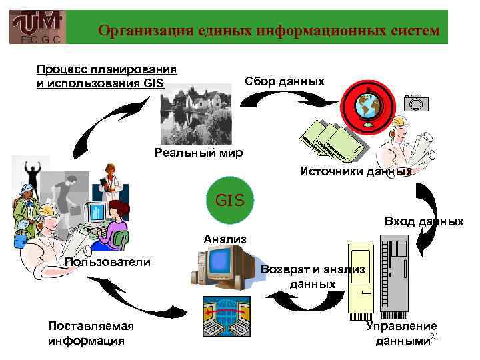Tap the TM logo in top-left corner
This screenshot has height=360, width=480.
coord(38,27)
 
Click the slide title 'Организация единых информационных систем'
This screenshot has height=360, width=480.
coord(269,31)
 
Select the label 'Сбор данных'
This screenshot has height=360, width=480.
coord(285,81)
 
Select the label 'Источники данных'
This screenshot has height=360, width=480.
coord(356,171)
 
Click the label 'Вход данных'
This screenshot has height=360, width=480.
coord(424,221)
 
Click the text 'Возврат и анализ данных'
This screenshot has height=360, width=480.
coord(313,277)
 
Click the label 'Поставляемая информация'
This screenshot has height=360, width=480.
coord(91,333)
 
